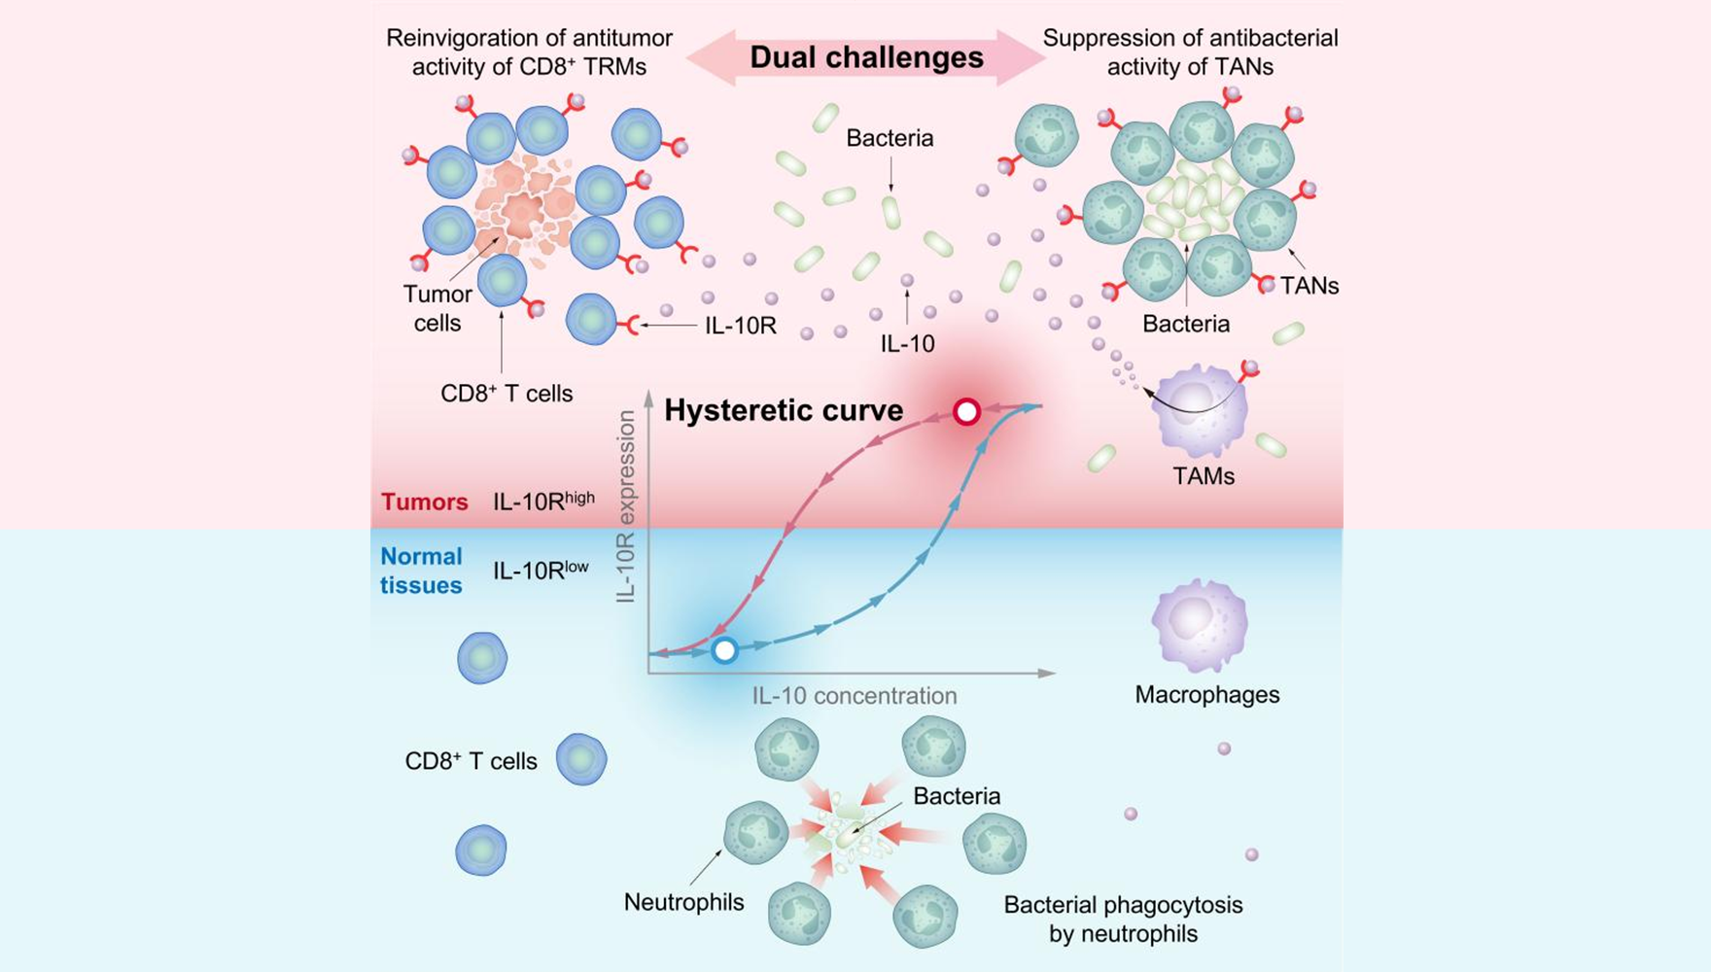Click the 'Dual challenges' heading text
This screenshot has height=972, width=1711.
tap(866, 57)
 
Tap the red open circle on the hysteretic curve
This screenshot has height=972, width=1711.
tap(966, 412)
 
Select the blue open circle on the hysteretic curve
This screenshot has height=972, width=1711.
tap(724, 650)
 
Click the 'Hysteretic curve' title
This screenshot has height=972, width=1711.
tap(784, 410)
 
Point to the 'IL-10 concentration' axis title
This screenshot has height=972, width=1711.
tap(854, 696)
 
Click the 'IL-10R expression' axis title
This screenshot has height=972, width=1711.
tap(626, 505)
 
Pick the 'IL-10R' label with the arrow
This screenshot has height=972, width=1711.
tap(741, 326)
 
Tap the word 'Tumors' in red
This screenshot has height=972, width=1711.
tap(424, 502)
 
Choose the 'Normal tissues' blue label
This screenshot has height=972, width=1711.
tap(420, 571)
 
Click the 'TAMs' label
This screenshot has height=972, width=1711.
tap(1204, 476)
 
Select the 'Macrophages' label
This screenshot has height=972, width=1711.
tap(1206, 695)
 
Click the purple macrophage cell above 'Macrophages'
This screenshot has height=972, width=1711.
tap(1200, 625)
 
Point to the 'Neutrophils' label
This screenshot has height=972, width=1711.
tap(683, 902)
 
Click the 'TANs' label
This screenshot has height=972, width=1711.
tap(1309, 286)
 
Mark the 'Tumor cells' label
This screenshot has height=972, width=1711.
tap(437, 308)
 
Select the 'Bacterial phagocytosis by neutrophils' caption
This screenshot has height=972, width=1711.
tap(1123, 920)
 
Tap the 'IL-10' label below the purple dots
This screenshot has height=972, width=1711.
tap(907, 343)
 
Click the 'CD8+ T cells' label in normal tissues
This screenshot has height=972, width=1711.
tap(471, 761)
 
